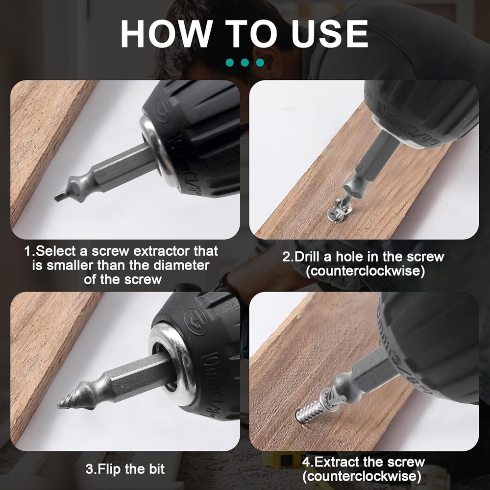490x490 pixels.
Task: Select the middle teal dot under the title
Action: pyautogui.click(x=245, y=63)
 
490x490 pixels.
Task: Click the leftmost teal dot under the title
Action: pyautogui.click(x=230, y=63)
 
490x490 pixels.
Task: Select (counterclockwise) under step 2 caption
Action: pyautogui.click(x=365, y=271)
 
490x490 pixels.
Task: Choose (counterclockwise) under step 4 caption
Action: pyautogui.click(x=362, y=476)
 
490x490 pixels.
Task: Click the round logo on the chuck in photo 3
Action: pyautogui.click(x=195, y=320)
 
